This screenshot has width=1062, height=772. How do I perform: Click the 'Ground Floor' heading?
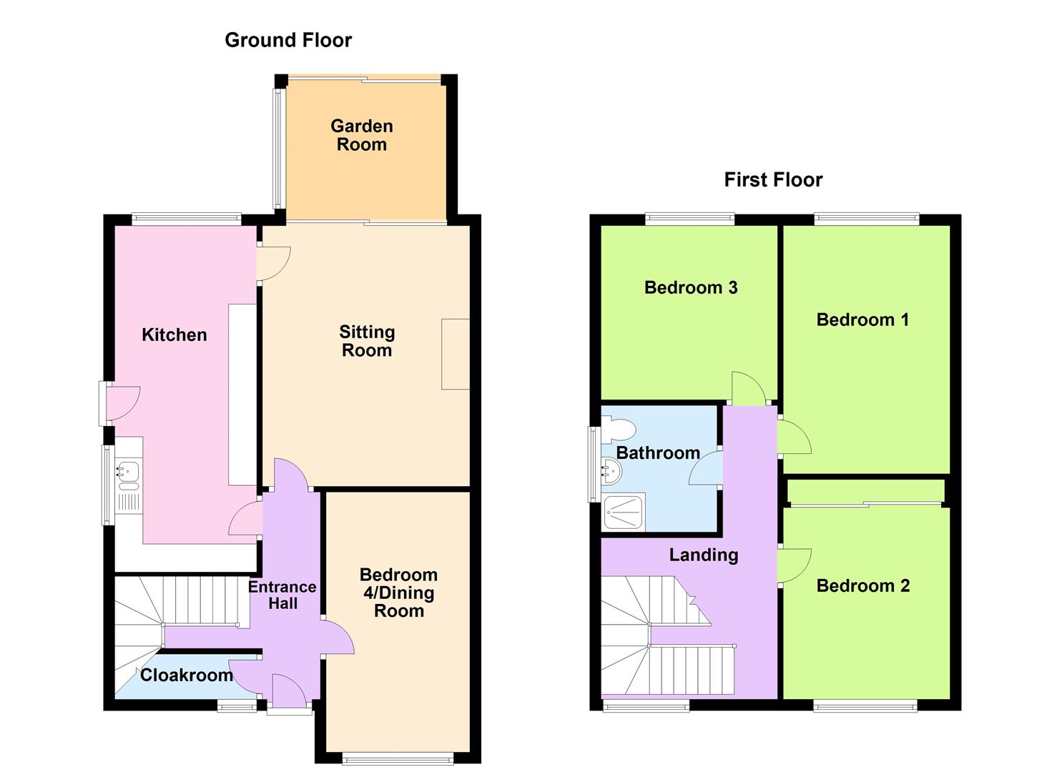(288, 40)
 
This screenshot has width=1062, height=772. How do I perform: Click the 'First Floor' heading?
(773, 179)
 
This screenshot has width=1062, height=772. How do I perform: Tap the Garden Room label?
(362, 135)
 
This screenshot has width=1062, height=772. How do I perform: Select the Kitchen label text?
(174, 335)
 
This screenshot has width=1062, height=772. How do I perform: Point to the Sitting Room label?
(366, 341)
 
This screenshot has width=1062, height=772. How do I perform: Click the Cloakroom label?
(186, 675)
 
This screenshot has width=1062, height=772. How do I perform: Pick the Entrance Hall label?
(282, 595)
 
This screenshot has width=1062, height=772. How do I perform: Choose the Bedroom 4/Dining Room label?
(398, 593)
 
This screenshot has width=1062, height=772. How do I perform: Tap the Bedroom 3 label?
(690, 287)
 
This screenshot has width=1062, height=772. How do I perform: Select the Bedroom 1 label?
(862, 320)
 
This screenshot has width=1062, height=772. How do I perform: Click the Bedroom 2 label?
(862, 585)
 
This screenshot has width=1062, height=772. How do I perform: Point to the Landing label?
(703, 555)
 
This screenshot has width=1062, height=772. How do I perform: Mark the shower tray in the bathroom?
(624, 512)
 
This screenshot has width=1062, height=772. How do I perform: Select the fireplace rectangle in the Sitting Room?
(455, 354)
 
